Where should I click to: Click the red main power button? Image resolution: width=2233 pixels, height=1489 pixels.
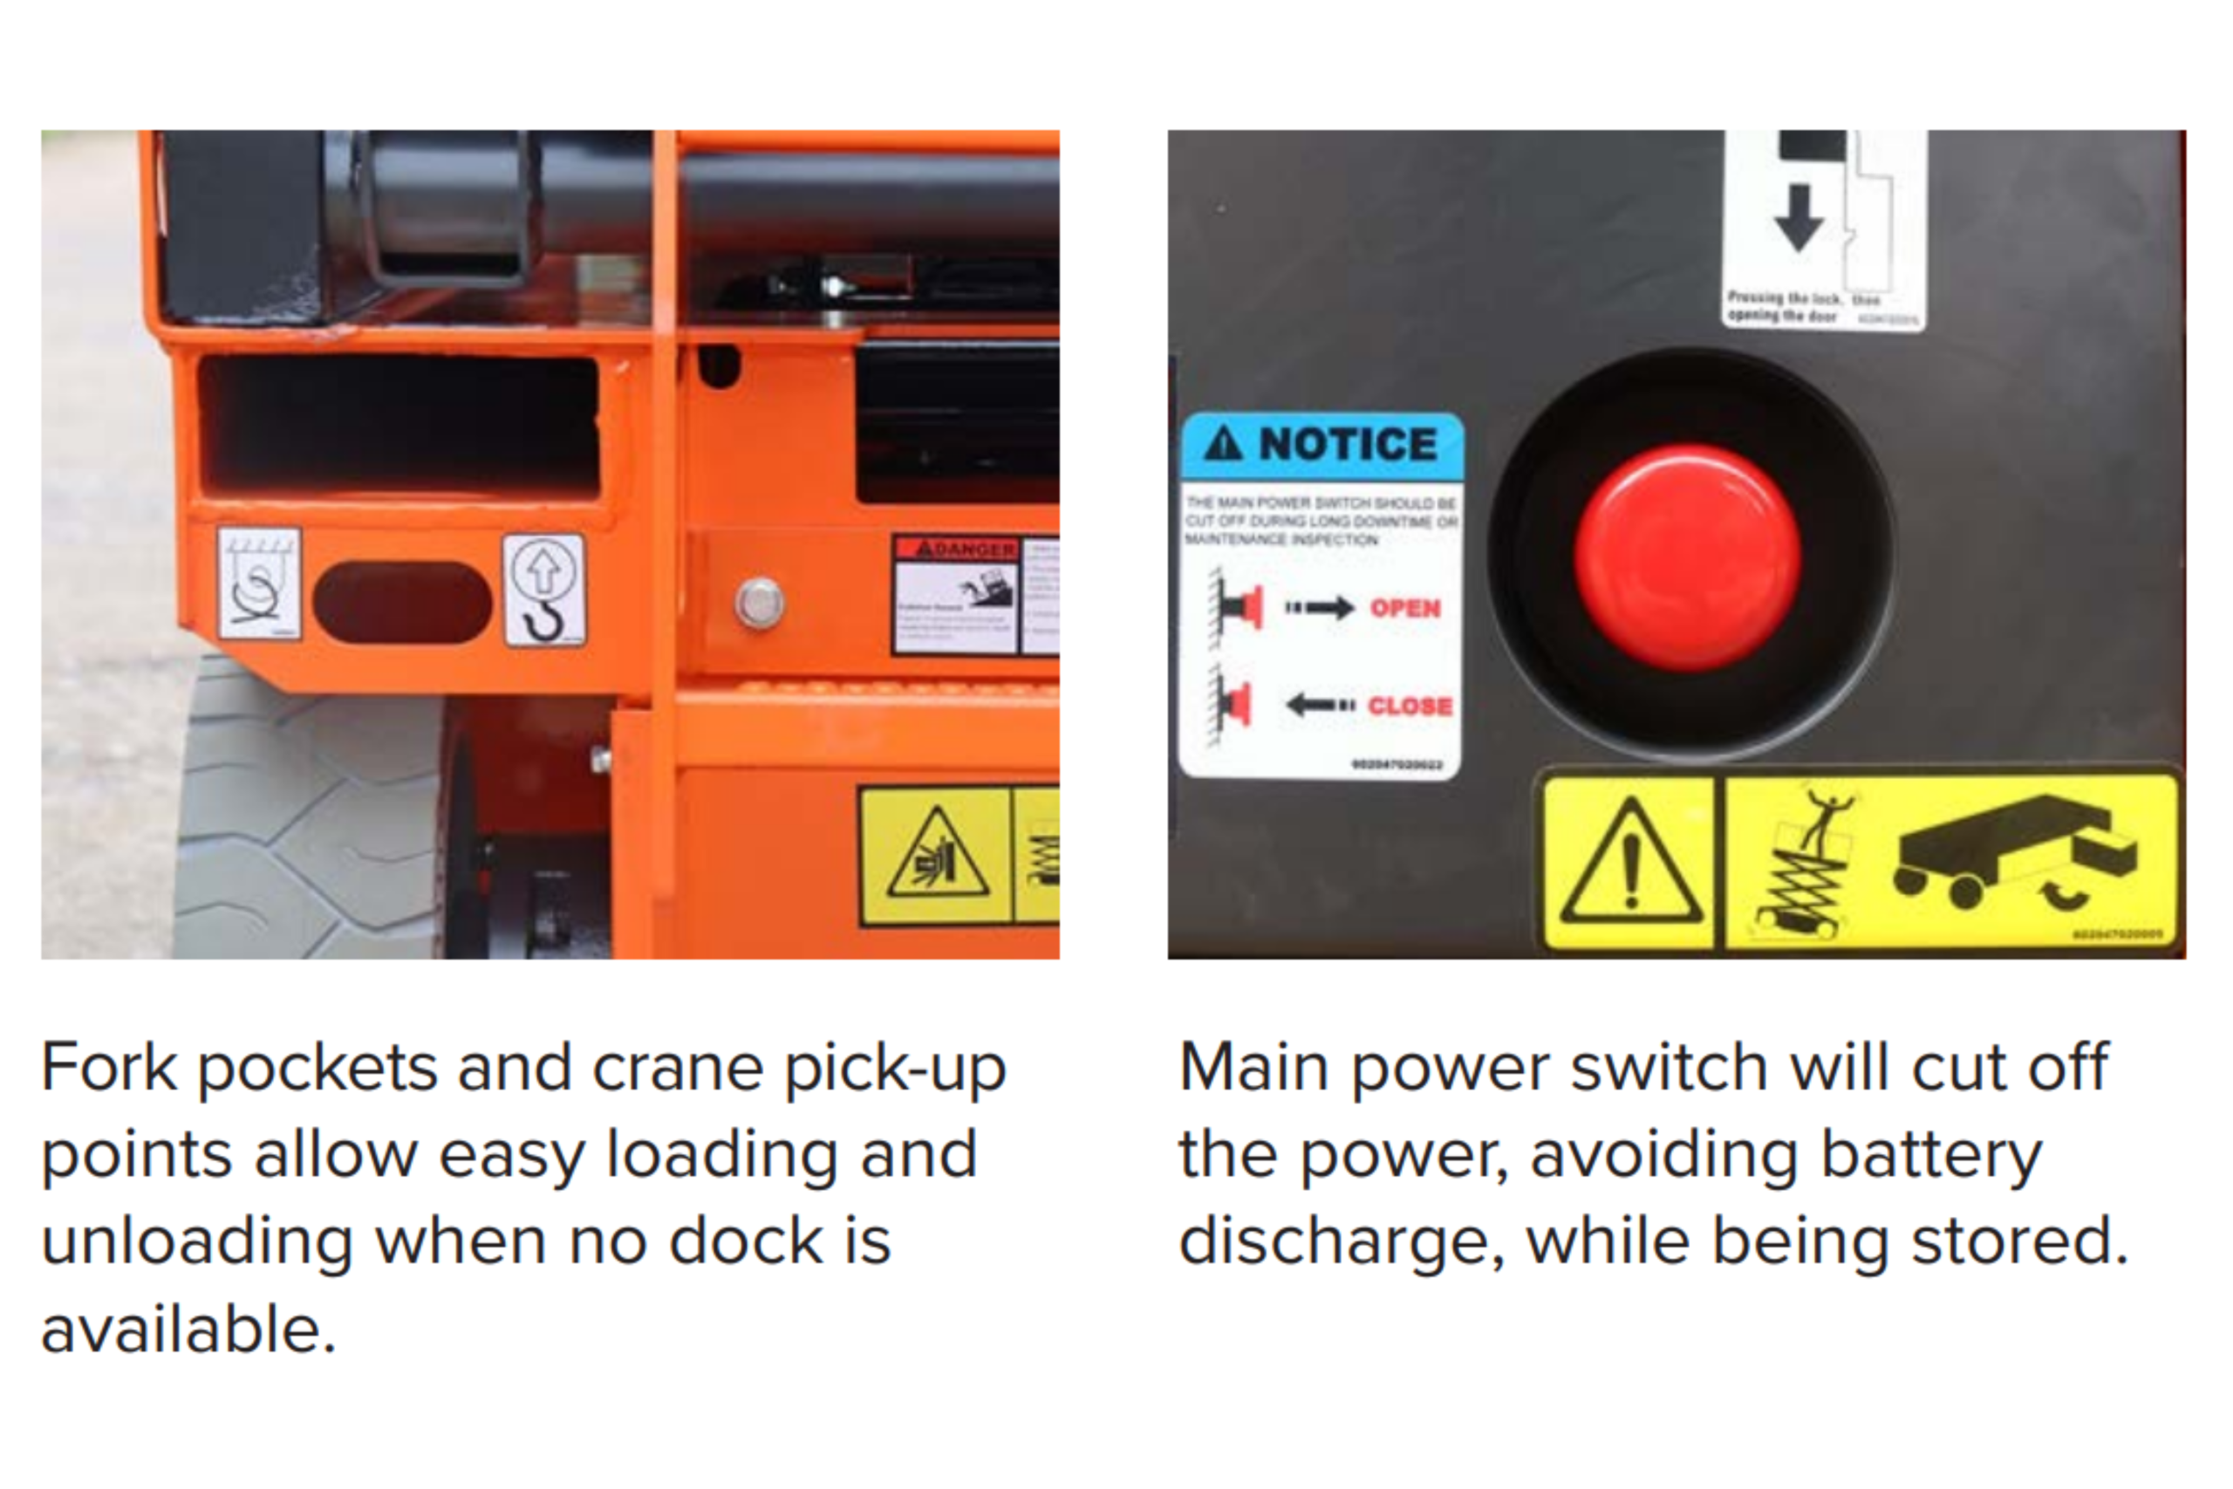pos(1687,558)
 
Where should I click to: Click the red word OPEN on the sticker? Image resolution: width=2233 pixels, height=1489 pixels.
pos(1405,608)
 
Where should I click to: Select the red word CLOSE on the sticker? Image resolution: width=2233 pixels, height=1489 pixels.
pos(1410,706)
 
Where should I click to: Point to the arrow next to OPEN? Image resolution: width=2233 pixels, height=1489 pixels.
pos(1321,608)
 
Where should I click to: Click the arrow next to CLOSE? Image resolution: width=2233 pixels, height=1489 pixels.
pos(1320,706)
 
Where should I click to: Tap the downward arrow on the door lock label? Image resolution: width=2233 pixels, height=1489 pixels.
pos(1798,217)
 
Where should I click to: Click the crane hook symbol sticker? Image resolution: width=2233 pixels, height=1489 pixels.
pos(544,591)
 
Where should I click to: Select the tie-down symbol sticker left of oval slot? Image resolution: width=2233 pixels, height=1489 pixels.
pos(259,583)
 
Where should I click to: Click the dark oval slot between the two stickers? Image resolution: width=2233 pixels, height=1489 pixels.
pos(401,602)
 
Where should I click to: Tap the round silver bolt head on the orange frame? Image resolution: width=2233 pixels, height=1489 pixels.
pos(760,602)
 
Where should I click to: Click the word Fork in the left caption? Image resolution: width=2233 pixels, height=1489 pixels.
pos(108,1068)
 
